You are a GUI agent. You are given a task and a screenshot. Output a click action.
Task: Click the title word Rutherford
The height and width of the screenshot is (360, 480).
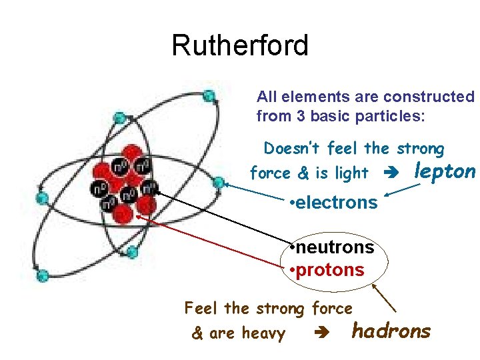coord(240,45)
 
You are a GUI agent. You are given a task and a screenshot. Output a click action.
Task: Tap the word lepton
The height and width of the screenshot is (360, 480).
coord(445,171)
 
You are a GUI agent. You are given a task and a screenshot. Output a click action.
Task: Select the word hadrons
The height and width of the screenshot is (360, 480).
coord(391,331)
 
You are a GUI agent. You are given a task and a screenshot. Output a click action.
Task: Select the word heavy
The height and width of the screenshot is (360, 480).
coord(263,333)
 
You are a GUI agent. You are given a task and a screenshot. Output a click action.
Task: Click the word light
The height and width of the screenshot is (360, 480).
coord(351,173)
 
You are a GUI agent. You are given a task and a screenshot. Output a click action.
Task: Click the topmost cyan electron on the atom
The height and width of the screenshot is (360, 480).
coord(209,95)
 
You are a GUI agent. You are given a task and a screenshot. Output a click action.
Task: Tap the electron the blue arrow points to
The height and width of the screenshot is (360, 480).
coord(218,181)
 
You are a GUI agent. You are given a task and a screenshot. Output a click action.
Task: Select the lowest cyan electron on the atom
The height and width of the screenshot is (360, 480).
coord(43,275)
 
